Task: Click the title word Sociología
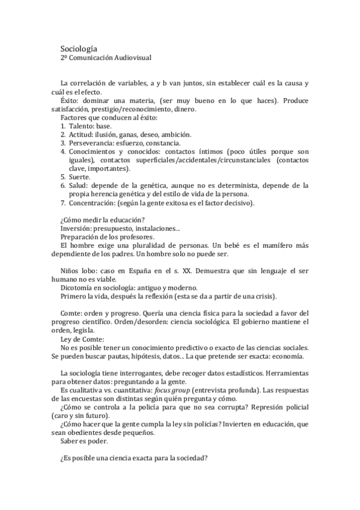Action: tap(79, 48)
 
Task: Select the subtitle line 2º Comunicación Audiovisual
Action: tap(106, 58)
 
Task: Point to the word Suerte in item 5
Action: tap(79, 177)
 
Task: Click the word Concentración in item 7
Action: tap(94, 203)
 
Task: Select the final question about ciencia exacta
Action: tap(134, 458)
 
